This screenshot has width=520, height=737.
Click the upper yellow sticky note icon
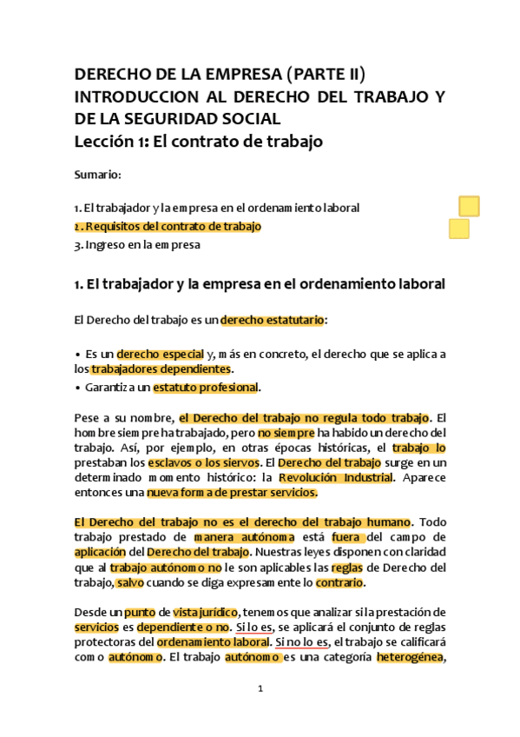[469, 206]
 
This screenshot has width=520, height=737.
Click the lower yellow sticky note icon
[459, 229]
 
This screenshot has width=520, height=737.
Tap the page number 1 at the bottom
[260, 689]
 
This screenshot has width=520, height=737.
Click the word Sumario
[96, 175]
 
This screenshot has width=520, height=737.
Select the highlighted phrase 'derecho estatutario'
[273, 320]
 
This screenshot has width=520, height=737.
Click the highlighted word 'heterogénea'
[411, 657]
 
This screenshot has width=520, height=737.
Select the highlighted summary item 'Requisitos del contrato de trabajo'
[168, 226]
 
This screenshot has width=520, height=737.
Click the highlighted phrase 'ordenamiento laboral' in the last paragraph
[212, 642]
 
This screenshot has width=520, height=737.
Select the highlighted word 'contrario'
[339, 582]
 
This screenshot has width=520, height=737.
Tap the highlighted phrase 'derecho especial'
[160, 354]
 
